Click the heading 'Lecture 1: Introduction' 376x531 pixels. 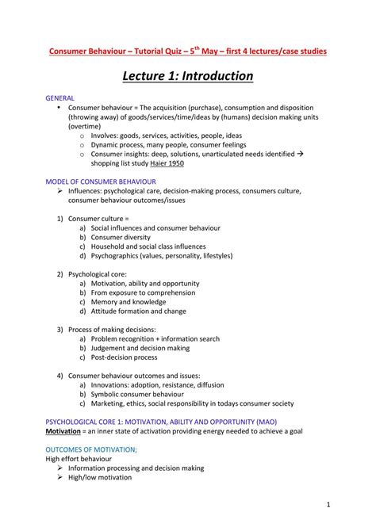point(188,77)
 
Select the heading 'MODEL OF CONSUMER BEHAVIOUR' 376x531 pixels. point(106,181)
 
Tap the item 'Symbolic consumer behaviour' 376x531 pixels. point(141,394)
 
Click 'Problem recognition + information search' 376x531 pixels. point(159,338)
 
